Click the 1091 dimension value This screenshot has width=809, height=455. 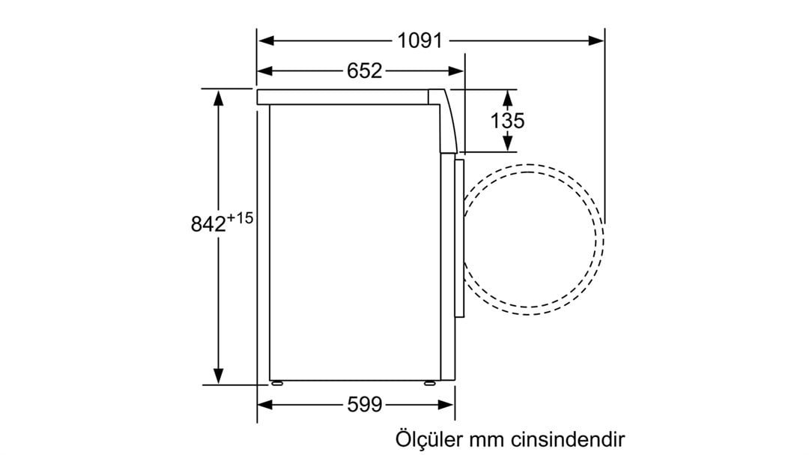tap(420, 40)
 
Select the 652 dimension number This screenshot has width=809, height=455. tap(364, 70)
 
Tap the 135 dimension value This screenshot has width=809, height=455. tap(507, 121)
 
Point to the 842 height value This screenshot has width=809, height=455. tap(208, 224)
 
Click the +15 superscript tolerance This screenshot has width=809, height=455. tap(240, 217)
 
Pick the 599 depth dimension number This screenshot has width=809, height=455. tap(365, 404)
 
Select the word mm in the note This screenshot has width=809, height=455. tap(487, 441)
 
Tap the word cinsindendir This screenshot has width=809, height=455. tap(568, 439)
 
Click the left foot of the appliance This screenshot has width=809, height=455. tap(276, 383)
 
